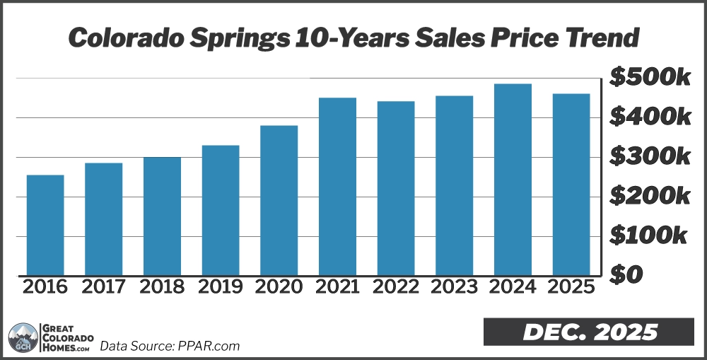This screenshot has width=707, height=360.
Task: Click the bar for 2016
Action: pyautogui.click(x=45, y=225)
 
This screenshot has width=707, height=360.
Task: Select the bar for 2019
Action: pyautogui.click(x=221, y=210)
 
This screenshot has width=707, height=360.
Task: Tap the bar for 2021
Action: pyautogui.click(x=337, y=186)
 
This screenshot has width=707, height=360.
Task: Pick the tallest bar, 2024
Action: pyautogui.click(x=513, y=180)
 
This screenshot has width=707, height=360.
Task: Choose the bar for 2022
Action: pyautogui.click(x=396, y=188)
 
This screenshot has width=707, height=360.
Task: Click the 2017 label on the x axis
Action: pyautogui.click(x=104, y=287)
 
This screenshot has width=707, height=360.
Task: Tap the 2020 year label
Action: pyautogui.click(x=279, y=287)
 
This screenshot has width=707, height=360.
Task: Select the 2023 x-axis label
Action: pyautogui.click(x=455, y=287)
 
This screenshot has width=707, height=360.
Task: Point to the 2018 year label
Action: pyautogui.click(x=163, y=287)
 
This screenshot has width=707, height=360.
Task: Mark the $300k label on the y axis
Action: pyautogui.click(x=650, y=156)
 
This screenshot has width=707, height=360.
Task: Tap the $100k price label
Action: pyautogui.click(x=650, y=235)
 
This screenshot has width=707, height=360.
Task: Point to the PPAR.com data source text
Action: pyautogui.click(x=170, y=346)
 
